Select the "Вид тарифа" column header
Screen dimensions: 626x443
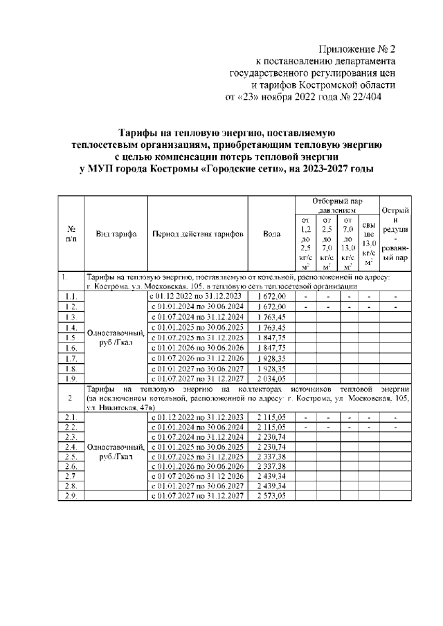point(116,234)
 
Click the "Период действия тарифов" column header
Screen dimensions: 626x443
point(198,234)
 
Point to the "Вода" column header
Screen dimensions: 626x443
point(272,234)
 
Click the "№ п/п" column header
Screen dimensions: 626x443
point(71,234)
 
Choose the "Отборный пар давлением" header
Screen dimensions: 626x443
point(336,204)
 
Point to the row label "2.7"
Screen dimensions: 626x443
point(71,477)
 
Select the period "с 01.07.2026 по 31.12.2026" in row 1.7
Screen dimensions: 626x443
point(198,358)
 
